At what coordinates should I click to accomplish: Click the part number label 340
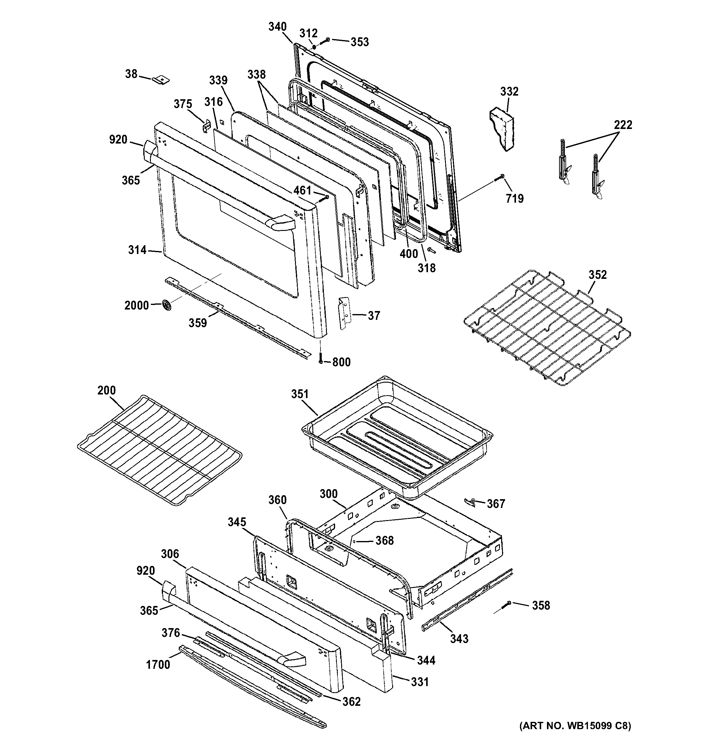tap(277, 27)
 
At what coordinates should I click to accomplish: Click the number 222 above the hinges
tap(623, 124)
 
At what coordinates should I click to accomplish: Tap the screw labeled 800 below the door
tap(321, 359)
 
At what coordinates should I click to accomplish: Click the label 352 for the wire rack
tap(597, 275)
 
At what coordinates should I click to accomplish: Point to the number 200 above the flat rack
tap(106, 390)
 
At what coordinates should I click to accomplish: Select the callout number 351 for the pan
tap(300, 394)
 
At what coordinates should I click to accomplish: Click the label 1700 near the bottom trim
tap(158, 664)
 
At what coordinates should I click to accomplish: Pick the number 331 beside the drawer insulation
tap(419, 682)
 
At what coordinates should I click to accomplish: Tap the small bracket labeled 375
tap(207, 126)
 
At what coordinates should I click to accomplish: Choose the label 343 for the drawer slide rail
tap(459, 638)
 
